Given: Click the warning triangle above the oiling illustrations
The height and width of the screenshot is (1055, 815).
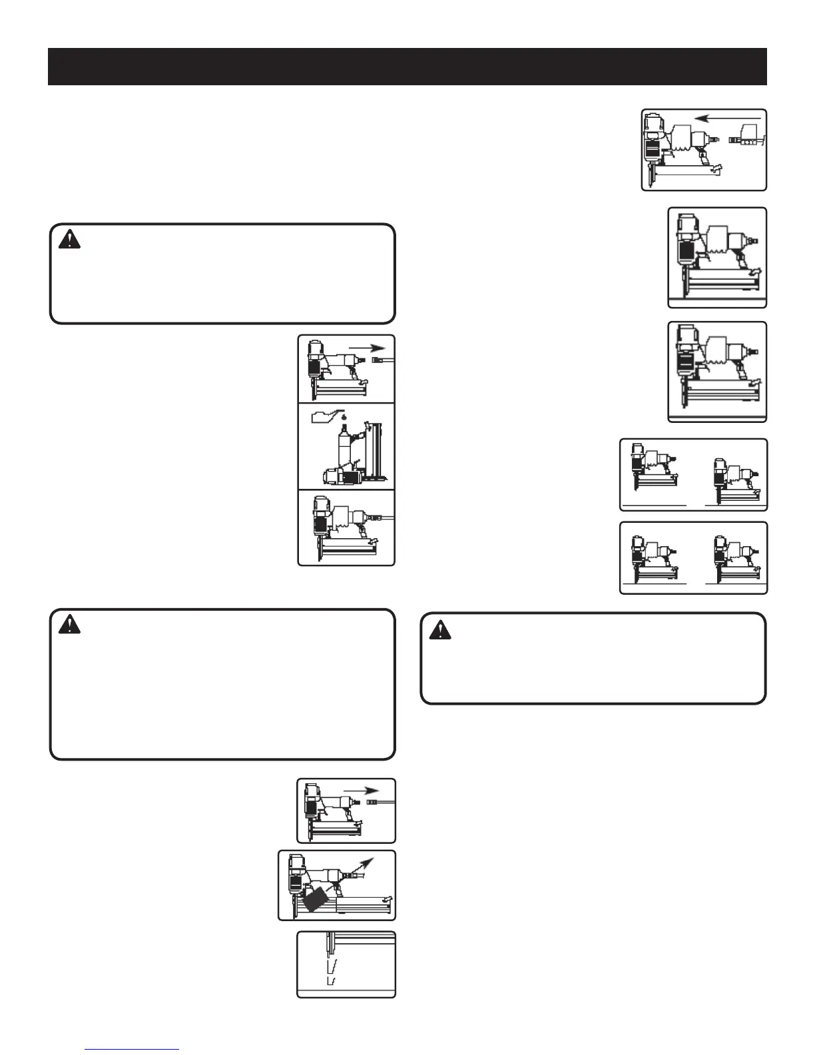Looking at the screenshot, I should [x=69, y=239].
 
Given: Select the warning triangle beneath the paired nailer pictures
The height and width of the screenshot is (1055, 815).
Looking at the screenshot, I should [x=439, y=629].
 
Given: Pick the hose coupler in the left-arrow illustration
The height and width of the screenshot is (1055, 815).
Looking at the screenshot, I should [x=746, y=141].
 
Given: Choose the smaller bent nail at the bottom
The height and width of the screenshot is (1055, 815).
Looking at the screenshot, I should [x=330, y=982].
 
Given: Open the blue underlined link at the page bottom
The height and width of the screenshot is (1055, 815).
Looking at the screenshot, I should [x=133, y=1049].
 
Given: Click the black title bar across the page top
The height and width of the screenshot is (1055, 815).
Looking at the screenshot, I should [x=407, y=67].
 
